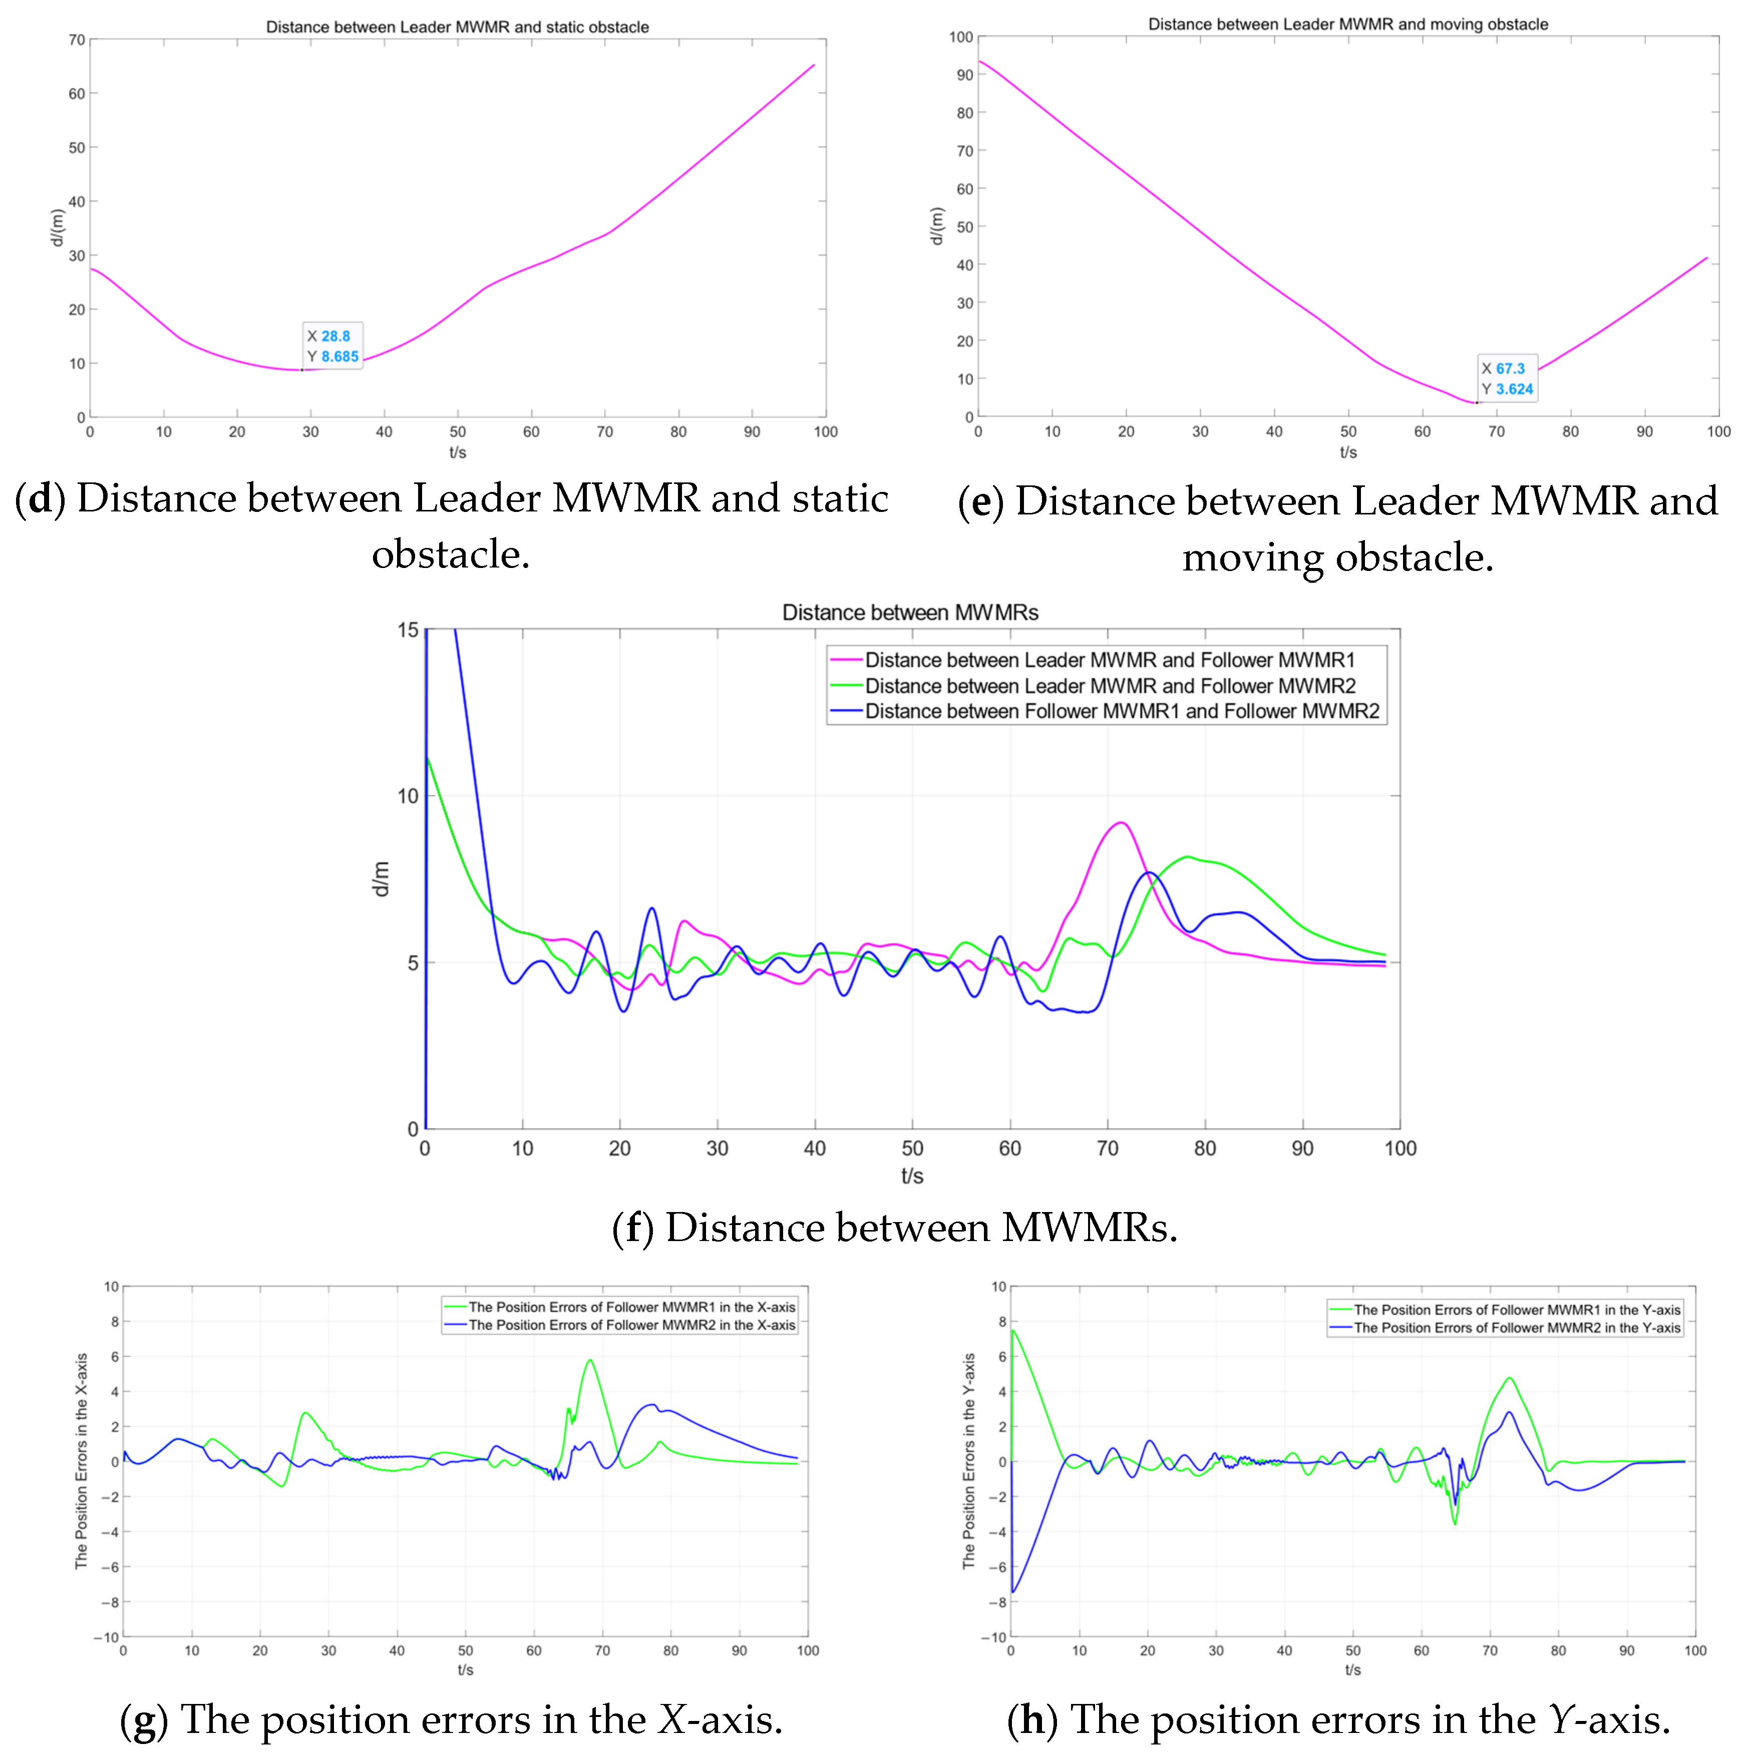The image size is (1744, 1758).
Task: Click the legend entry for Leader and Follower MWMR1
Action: [1109, 660]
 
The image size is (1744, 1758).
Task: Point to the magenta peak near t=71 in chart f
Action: [1121, 823]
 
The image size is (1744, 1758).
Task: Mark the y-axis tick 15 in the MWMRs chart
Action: [408, 630]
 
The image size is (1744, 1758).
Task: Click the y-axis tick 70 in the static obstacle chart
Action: [77, 40]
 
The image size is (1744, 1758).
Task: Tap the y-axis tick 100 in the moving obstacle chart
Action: [960, 38]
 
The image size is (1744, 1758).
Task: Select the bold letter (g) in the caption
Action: [144, 1719]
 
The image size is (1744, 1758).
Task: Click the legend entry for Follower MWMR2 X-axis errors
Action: [631, 1325]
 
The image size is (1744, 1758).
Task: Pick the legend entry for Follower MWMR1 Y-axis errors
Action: [1517, 1310]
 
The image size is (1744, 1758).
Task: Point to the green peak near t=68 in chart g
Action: [590, 1360]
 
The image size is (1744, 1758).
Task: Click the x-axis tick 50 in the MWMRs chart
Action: [912, 1148]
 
